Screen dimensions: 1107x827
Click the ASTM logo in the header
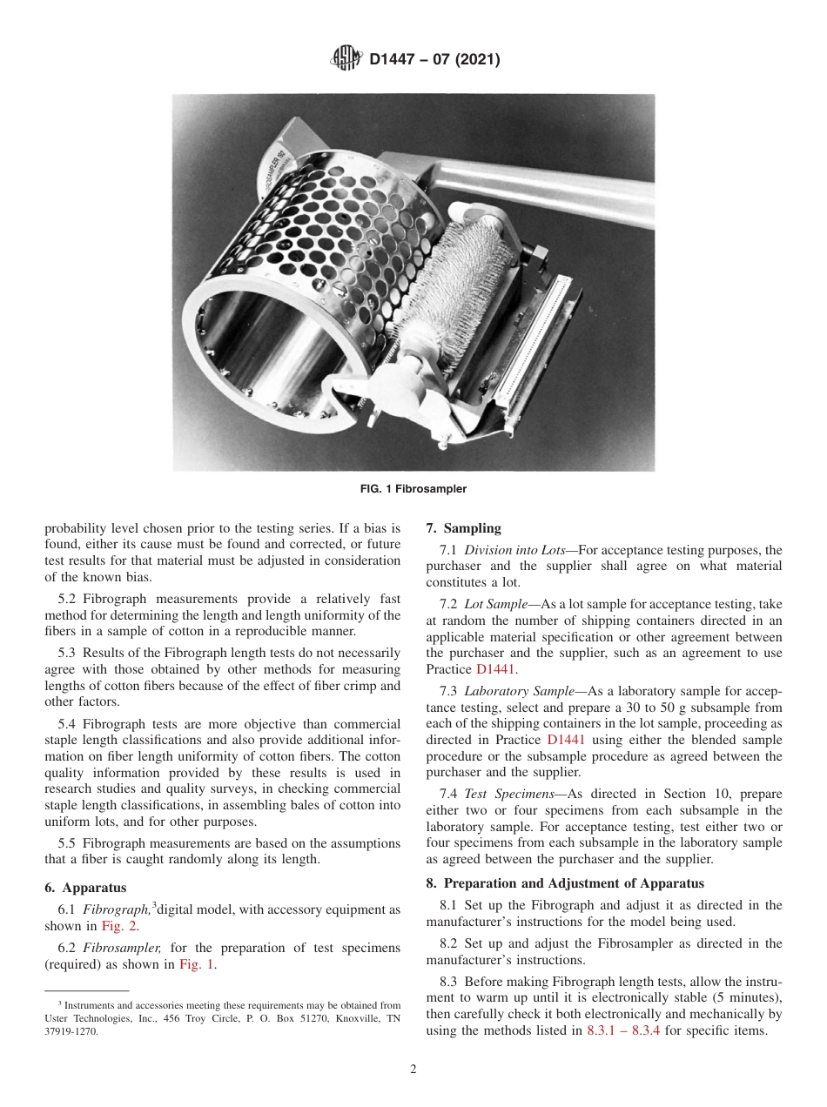click(347, 60)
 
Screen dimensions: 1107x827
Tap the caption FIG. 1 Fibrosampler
click(413, 489)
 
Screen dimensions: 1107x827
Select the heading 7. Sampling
click(464, 528)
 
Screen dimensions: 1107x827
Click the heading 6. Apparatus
click(85, 888)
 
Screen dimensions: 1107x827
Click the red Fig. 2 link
click(118, 926)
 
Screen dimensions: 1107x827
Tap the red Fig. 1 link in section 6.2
click(197, 964)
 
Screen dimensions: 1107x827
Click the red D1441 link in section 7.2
click(495, 669)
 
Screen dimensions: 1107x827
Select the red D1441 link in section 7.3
click(565, 740)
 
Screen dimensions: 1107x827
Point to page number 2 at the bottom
click(413, 1070)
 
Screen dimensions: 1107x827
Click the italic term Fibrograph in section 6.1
click(117, 910)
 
